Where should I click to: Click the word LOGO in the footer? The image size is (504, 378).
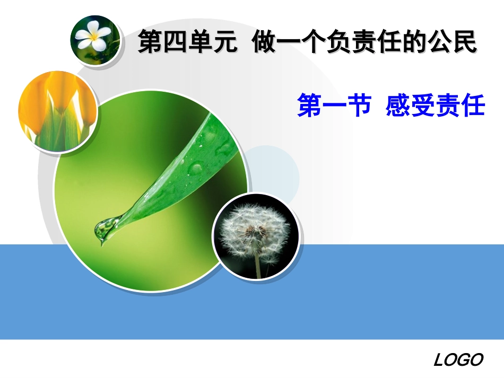point(458,361)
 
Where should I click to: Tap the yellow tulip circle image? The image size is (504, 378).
point(57,112)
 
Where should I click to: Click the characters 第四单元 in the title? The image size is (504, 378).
point(187,42)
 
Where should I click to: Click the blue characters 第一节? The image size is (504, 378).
point(334,106)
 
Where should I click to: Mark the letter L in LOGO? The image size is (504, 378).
point(440,361)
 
